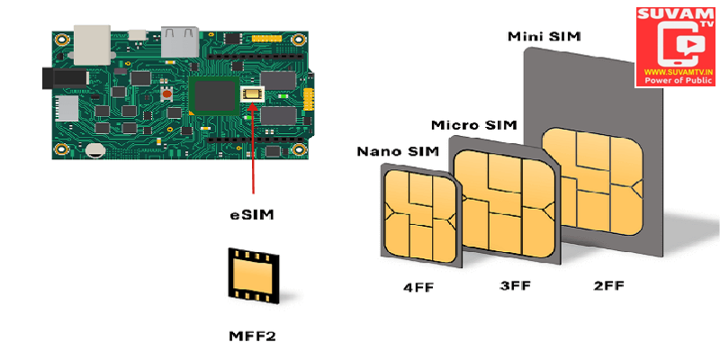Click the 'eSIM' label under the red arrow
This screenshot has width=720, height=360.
[252, 214]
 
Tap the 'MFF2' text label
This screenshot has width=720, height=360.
[252, 337]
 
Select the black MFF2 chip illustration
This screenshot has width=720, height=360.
[254, 275]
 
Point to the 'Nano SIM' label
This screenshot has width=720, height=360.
[398, 151]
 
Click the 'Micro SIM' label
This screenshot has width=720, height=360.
[474, 124]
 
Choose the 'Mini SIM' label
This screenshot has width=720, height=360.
[544, 36]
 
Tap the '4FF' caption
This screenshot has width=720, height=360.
[418, 288]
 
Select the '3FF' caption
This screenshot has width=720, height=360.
[515, 285]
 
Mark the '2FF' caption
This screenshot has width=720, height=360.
[608, 285]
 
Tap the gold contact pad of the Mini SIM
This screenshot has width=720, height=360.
[592, 182]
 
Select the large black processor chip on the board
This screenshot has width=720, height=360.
[215, 95]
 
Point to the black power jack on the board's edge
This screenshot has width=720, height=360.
[65, 78]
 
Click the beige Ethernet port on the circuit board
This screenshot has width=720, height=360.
[92, 44]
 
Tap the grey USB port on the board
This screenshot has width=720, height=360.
[180, 41]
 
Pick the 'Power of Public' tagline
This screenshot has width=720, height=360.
[675, 80]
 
